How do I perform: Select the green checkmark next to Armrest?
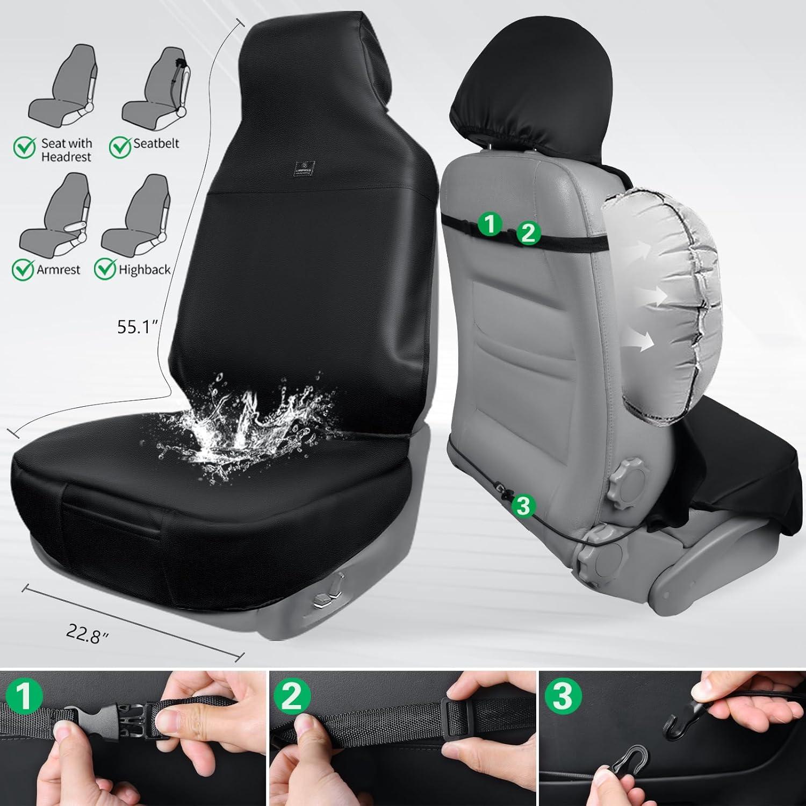tap(24, 269)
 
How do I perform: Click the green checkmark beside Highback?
tap(105, 269)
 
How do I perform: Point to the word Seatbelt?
tap(156, 143)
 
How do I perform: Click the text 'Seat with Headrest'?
tap(66, 150)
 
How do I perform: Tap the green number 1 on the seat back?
tap(490, 224)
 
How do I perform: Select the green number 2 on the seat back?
tap(528, 233)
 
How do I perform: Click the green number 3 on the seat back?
tap(524, 506)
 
